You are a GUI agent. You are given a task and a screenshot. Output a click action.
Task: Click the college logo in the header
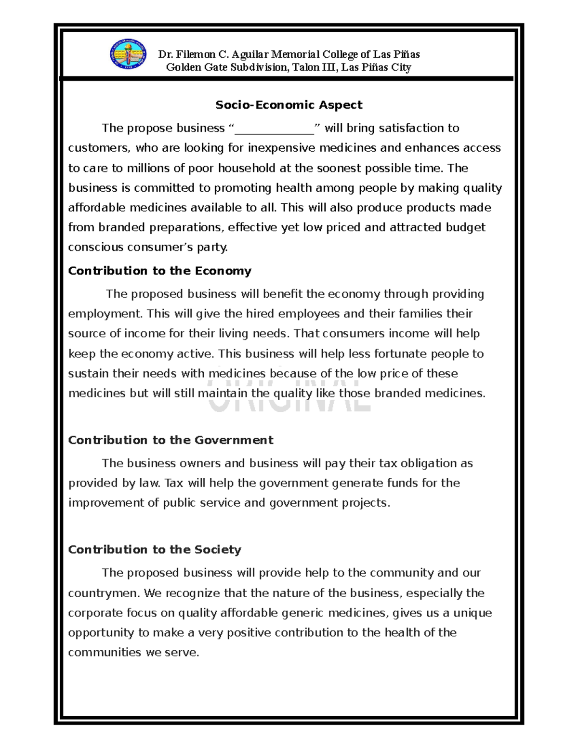(128, 54)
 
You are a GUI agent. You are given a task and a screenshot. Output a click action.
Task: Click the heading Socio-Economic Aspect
(289, 105)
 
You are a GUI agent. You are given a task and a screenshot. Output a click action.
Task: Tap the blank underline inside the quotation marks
(274, 129)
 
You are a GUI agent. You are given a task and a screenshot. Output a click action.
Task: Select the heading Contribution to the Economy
(159, 271)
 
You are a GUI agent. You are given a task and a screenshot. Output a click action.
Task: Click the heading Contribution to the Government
(171, 440)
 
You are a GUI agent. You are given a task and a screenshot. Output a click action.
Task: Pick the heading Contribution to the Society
(154, 550)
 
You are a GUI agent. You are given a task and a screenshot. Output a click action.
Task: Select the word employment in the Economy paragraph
(105, 314)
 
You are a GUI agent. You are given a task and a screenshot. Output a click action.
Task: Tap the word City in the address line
(401, 67)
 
